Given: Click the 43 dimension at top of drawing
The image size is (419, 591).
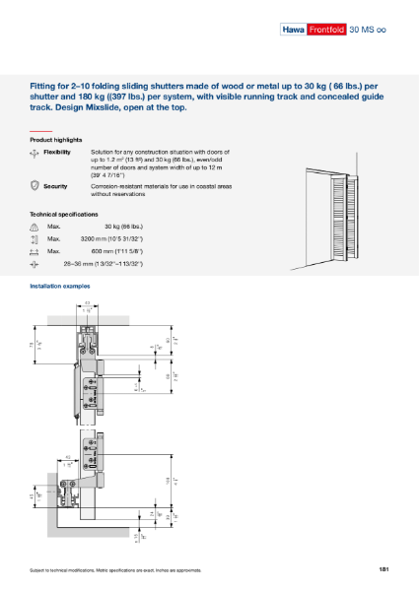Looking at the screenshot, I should coord(87,304).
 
